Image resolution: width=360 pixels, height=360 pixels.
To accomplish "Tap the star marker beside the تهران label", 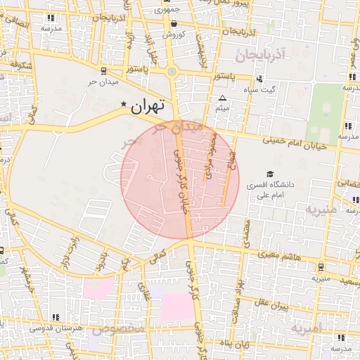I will click(124, 105).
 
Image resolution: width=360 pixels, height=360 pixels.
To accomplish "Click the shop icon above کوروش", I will click(174, 23).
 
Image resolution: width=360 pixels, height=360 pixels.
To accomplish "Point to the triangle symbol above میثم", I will click(223, 98).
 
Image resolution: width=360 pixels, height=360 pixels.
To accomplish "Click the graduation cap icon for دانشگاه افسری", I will click(270, 174).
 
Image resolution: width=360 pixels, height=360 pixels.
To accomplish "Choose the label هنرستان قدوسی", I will click(58, 328).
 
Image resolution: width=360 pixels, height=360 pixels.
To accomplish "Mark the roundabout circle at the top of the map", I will click(172, 71).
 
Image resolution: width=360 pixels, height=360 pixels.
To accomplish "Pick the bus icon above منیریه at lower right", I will click(321, 267).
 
